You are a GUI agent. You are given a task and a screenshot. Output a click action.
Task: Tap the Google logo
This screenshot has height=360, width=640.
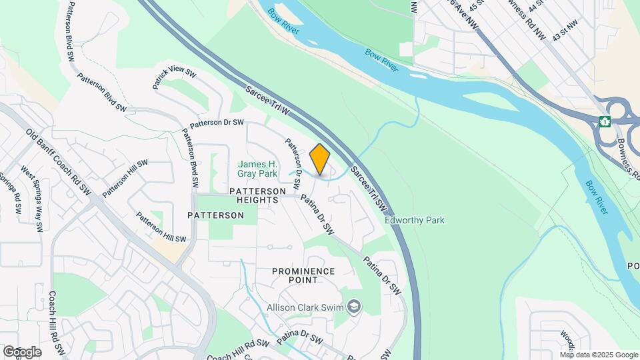22,351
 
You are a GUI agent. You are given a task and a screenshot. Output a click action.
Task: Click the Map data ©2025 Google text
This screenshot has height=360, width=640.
599,354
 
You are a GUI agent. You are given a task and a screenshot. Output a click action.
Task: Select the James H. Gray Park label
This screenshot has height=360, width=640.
257,169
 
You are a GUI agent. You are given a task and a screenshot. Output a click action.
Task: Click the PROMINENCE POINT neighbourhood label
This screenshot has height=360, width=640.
303,275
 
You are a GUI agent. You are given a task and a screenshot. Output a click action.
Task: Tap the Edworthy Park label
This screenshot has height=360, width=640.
415,220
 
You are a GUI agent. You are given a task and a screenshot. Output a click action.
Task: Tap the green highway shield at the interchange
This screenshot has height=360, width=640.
605,121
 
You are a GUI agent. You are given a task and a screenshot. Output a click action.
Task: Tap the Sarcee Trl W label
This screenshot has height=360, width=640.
267,99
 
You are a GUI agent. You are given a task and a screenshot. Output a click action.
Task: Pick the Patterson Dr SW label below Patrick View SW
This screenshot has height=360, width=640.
217,124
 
